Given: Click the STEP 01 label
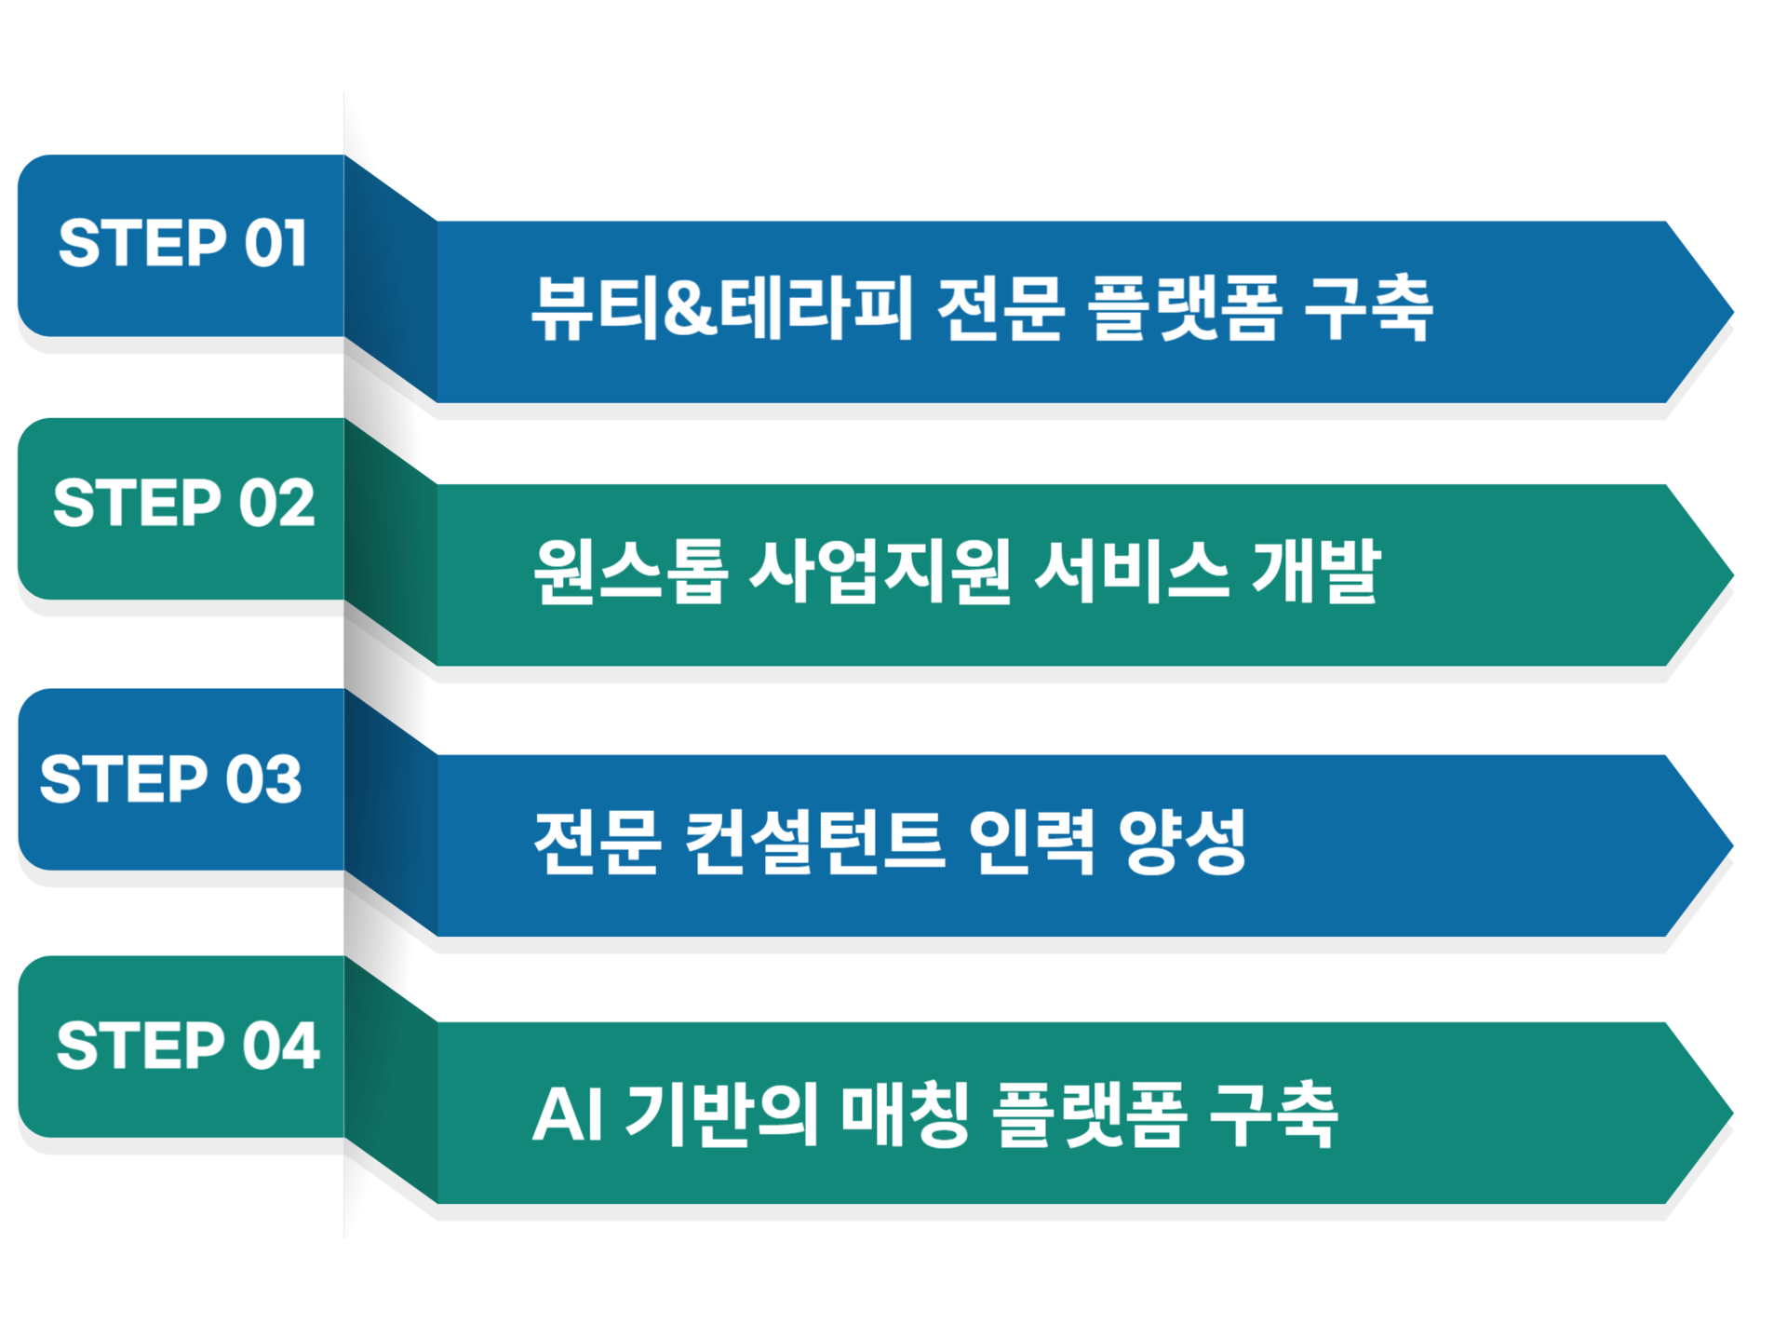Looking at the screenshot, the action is [182, 244].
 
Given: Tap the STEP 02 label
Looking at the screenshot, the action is [183, 503].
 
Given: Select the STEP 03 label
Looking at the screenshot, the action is [170, 778].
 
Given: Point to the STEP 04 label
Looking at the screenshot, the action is [188, 1045].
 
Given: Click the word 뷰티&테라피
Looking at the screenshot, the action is [722, 308].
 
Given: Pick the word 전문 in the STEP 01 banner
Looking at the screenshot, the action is [1001, 308].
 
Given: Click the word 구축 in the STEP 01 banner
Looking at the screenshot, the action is [1368, 308].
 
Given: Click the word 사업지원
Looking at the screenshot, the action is [880, 571].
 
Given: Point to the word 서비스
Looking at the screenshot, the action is [1132, 571].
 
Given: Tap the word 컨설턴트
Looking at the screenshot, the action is [815, 841].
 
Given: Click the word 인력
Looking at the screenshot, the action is [1031, 841].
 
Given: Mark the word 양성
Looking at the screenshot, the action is [1182, 841].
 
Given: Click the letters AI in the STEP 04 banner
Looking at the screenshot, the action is [568, 1114].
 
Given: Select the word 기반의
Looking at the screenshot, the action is [722, 1114].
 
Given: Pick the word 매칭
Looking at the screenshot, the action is [906, 1114].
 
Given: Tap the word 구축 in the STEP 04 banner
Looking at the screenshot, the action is [1273, 1114].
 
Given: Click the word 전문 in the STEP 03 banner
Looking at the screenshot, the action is [598, 841].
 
